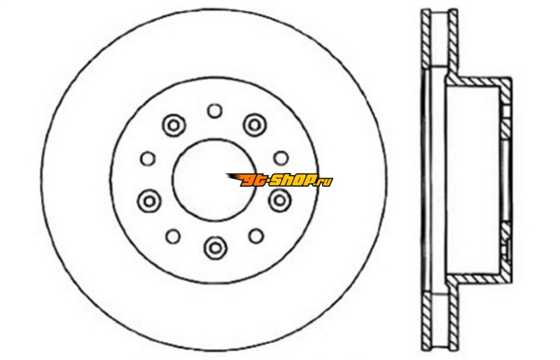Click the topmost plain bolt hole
coord(215,111)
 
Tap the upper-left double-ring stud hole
coord(174,125)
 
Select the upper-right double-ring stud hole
coord(255,125)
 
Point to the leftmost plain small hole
coord(148,158)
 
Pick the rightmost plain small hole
coord(281,158)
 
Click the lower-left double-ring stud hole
coord(149,201)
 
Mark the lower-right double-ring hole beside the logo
coord(279,200)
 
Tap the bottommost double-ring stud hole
coord(216,247)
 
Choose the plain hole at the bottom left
coord(173,236)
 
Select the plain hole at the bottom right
coord(256,236)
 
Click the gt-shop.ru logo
coord(279,180)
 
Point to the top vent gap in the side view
coord(440,39)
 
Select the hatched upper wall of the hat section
coord(479,81)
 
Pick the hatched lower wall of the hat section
coord(479,279)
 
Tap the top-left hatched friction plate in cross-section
coord(426,39)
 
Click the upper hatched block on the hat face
coord(505,129)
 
